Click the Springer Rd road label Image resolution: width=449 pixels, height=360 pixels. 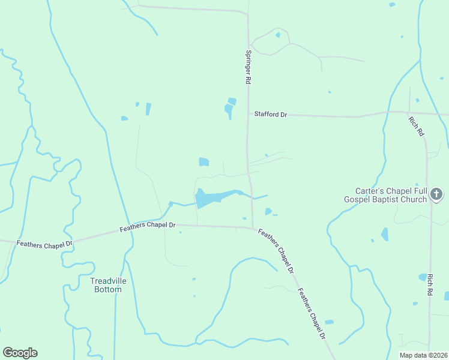pyautogui.click(x=247, y=67)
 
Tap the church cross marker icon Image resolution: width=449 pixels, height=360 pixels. pyautogui.click(x=436, y=194)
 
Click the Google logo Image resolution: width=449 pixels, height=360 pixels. pyautogui.click(x=20, y=353)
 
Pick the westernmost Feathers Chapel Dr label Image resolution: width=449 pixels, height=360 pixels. pyautogui.click(x=44, y=244)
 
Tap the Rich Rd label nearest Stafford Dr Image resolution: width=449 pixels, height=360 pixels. pyautogui.click(x=416, y=126)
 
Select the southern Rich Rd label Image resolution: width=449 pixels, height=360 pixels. pyautogui.click(x=430, y=284)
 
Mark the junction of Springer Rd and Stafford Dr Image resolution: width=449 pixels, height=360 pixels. pyautogui.click(x=248, y=113)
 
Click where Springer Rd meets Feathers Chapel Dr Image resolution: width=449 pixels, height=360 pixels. pyautogui.click(x=252, y=227)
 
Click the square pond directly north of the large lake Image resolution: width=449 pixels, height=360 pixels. pyautogui.click(x=204, y=162)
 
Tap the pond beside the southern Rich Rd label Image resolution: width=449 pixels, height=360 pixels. pyautogui.click(x=423, y=277)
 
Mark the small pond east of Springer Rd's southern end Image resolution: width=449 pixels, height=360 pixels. pyautogui.click(x=268, y=211)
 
